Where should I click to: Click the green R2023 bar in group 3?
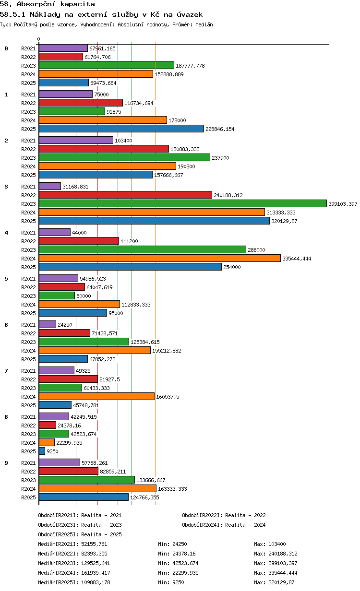click(182, 203)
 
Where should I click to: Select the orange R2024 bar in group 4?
click(160, 258)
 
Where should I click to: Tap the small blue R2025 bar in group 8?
click(42, 451)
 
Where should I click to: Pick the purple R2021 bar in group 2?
click(76, 140)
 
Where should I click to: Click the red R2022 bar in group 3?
click(125, 195)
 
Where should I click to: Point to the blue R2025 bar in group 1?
click(121, 129)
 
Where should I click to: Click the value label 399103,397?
click(343, 204)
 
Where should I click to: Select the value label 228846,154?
click(220, 129)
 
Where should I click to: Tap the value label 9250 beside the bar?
click(52, 451)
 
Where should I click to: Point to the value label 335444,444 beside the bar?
click(297, 259)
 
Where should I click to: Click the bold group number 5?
click(6, 279)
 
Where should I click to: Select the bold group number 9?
click(6, 463)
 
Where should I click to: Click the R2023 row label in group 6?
click(28, 342)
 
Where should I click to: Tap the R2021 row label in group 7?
click(28, 371)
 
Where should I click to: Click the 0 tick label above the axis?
click(39, 39)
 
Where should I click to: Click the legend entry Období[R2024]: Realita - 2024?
click(224, 525)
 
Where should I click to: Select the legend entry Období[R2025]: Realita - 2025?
click(80, 534)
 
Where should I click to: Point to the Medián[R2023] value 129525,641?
click(96, 563)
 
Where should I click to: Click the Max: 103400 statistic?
click(270, 544)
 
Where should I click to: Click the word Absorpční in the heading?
click(36, 4)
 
